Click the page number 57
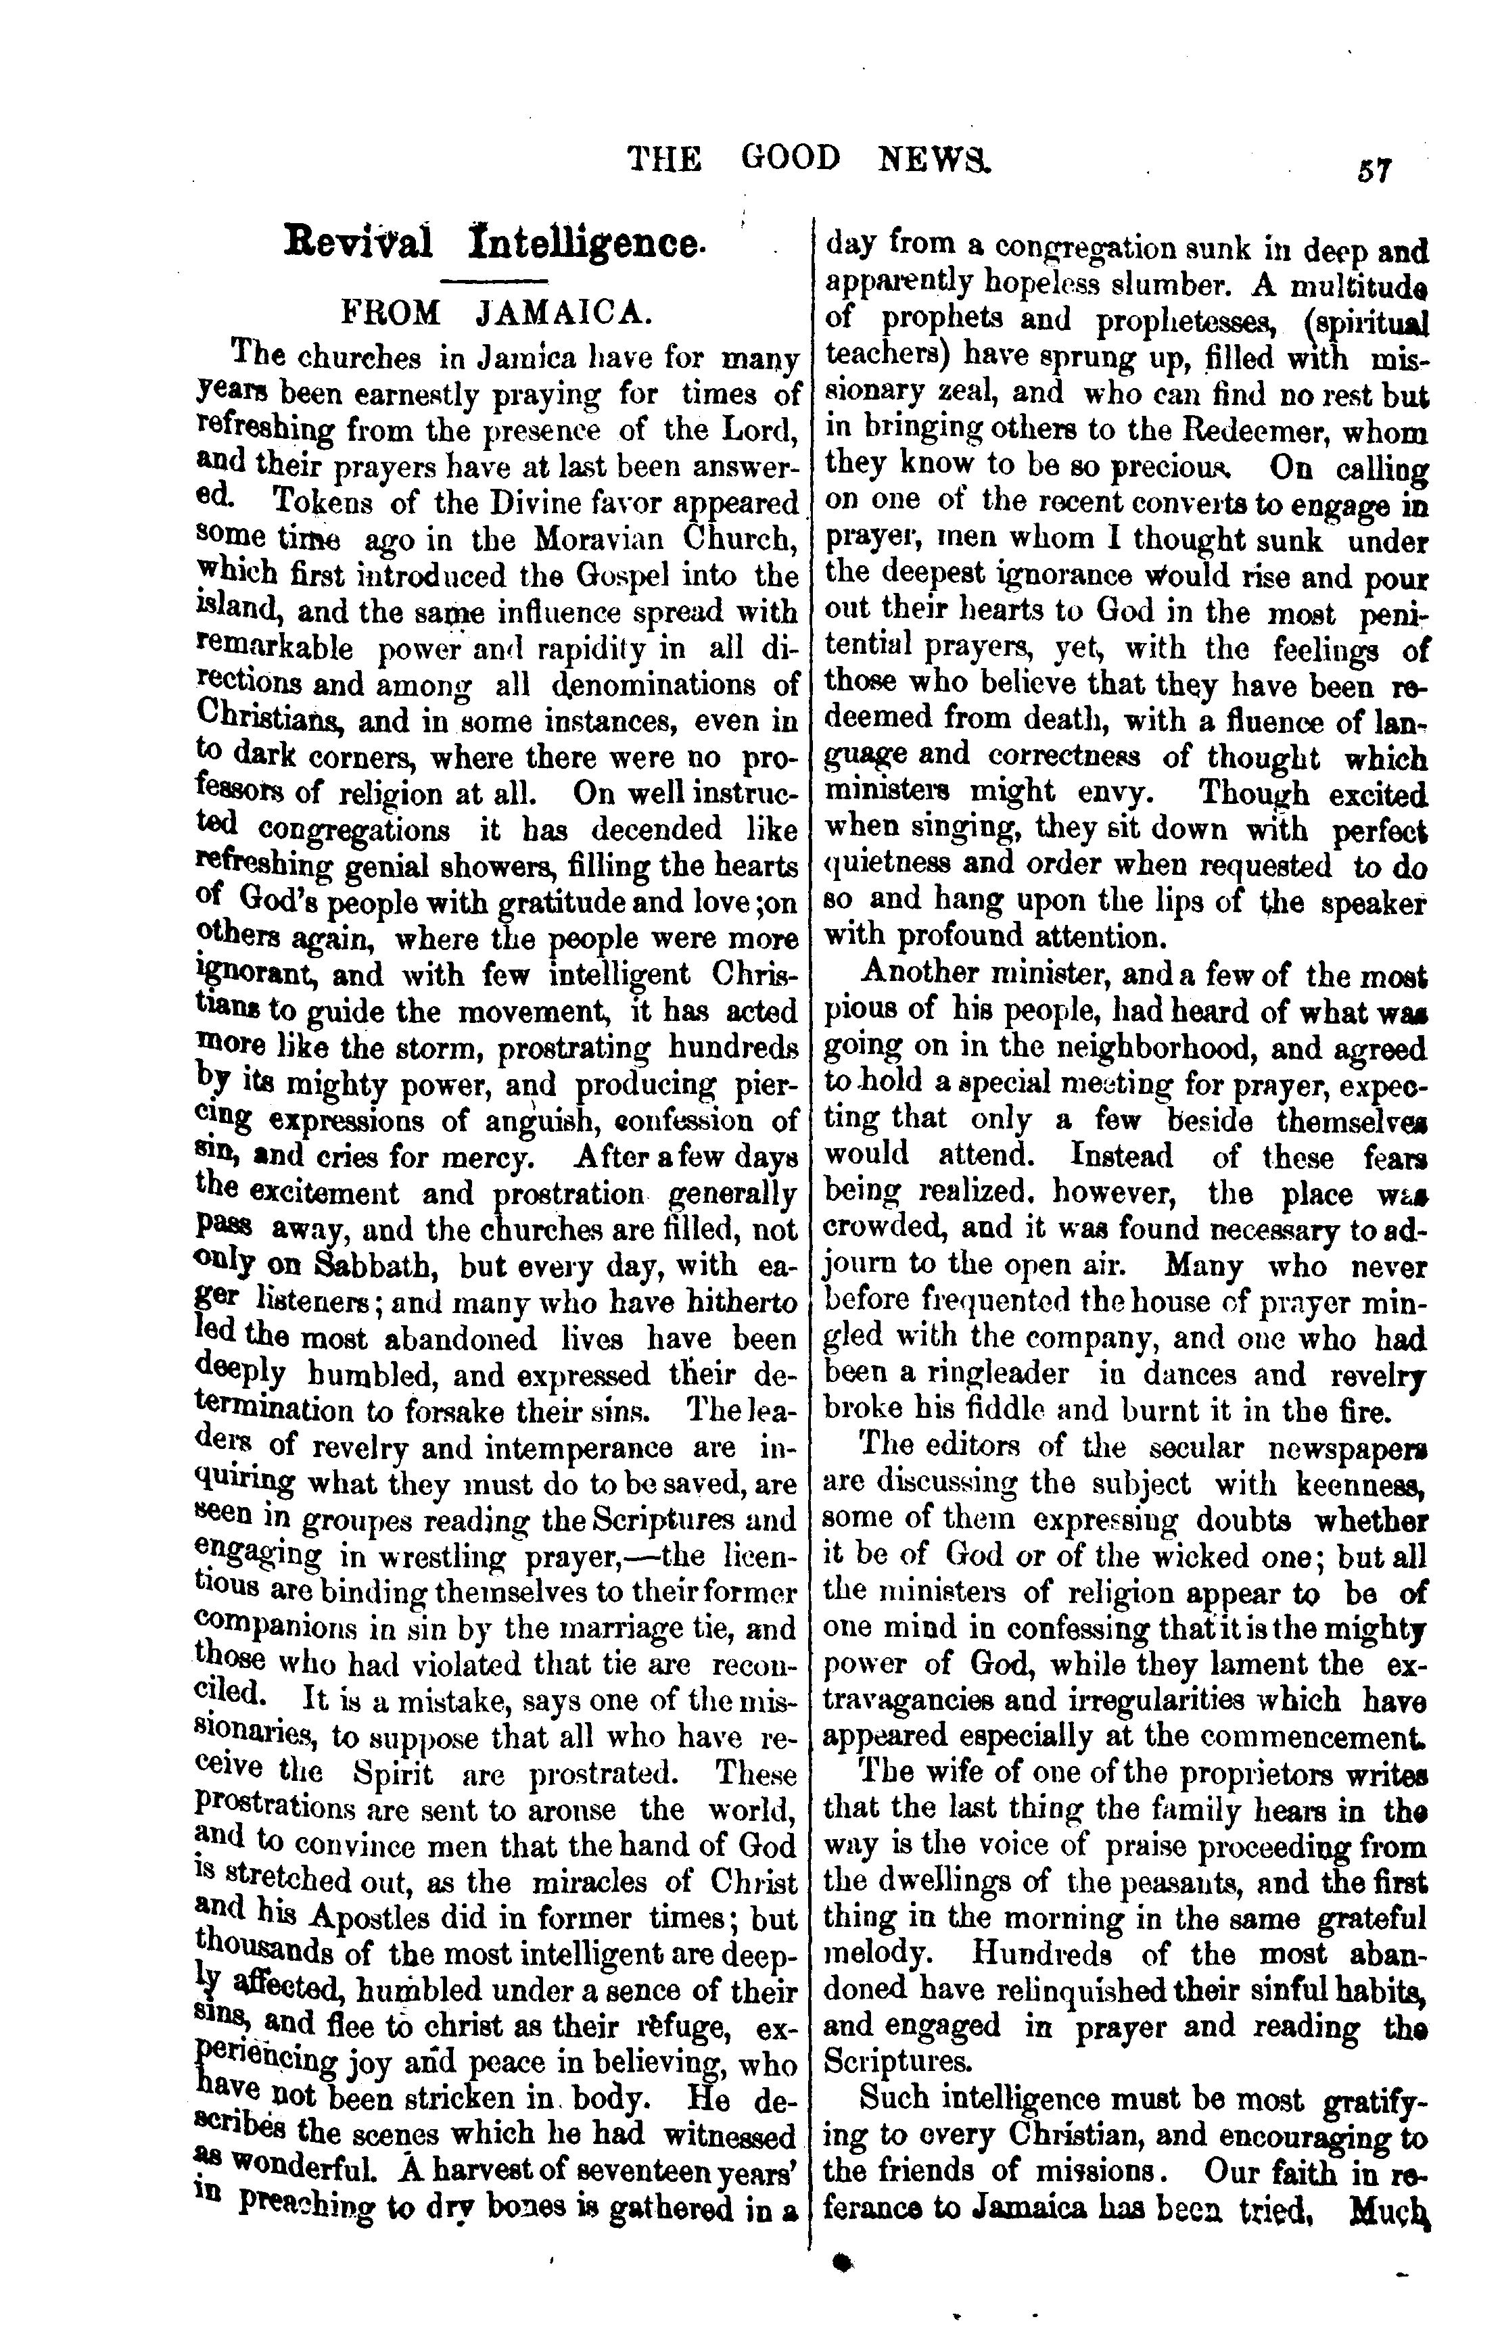click(x=1374, y=170)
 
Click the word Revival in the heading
click(x=358, y=241)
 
